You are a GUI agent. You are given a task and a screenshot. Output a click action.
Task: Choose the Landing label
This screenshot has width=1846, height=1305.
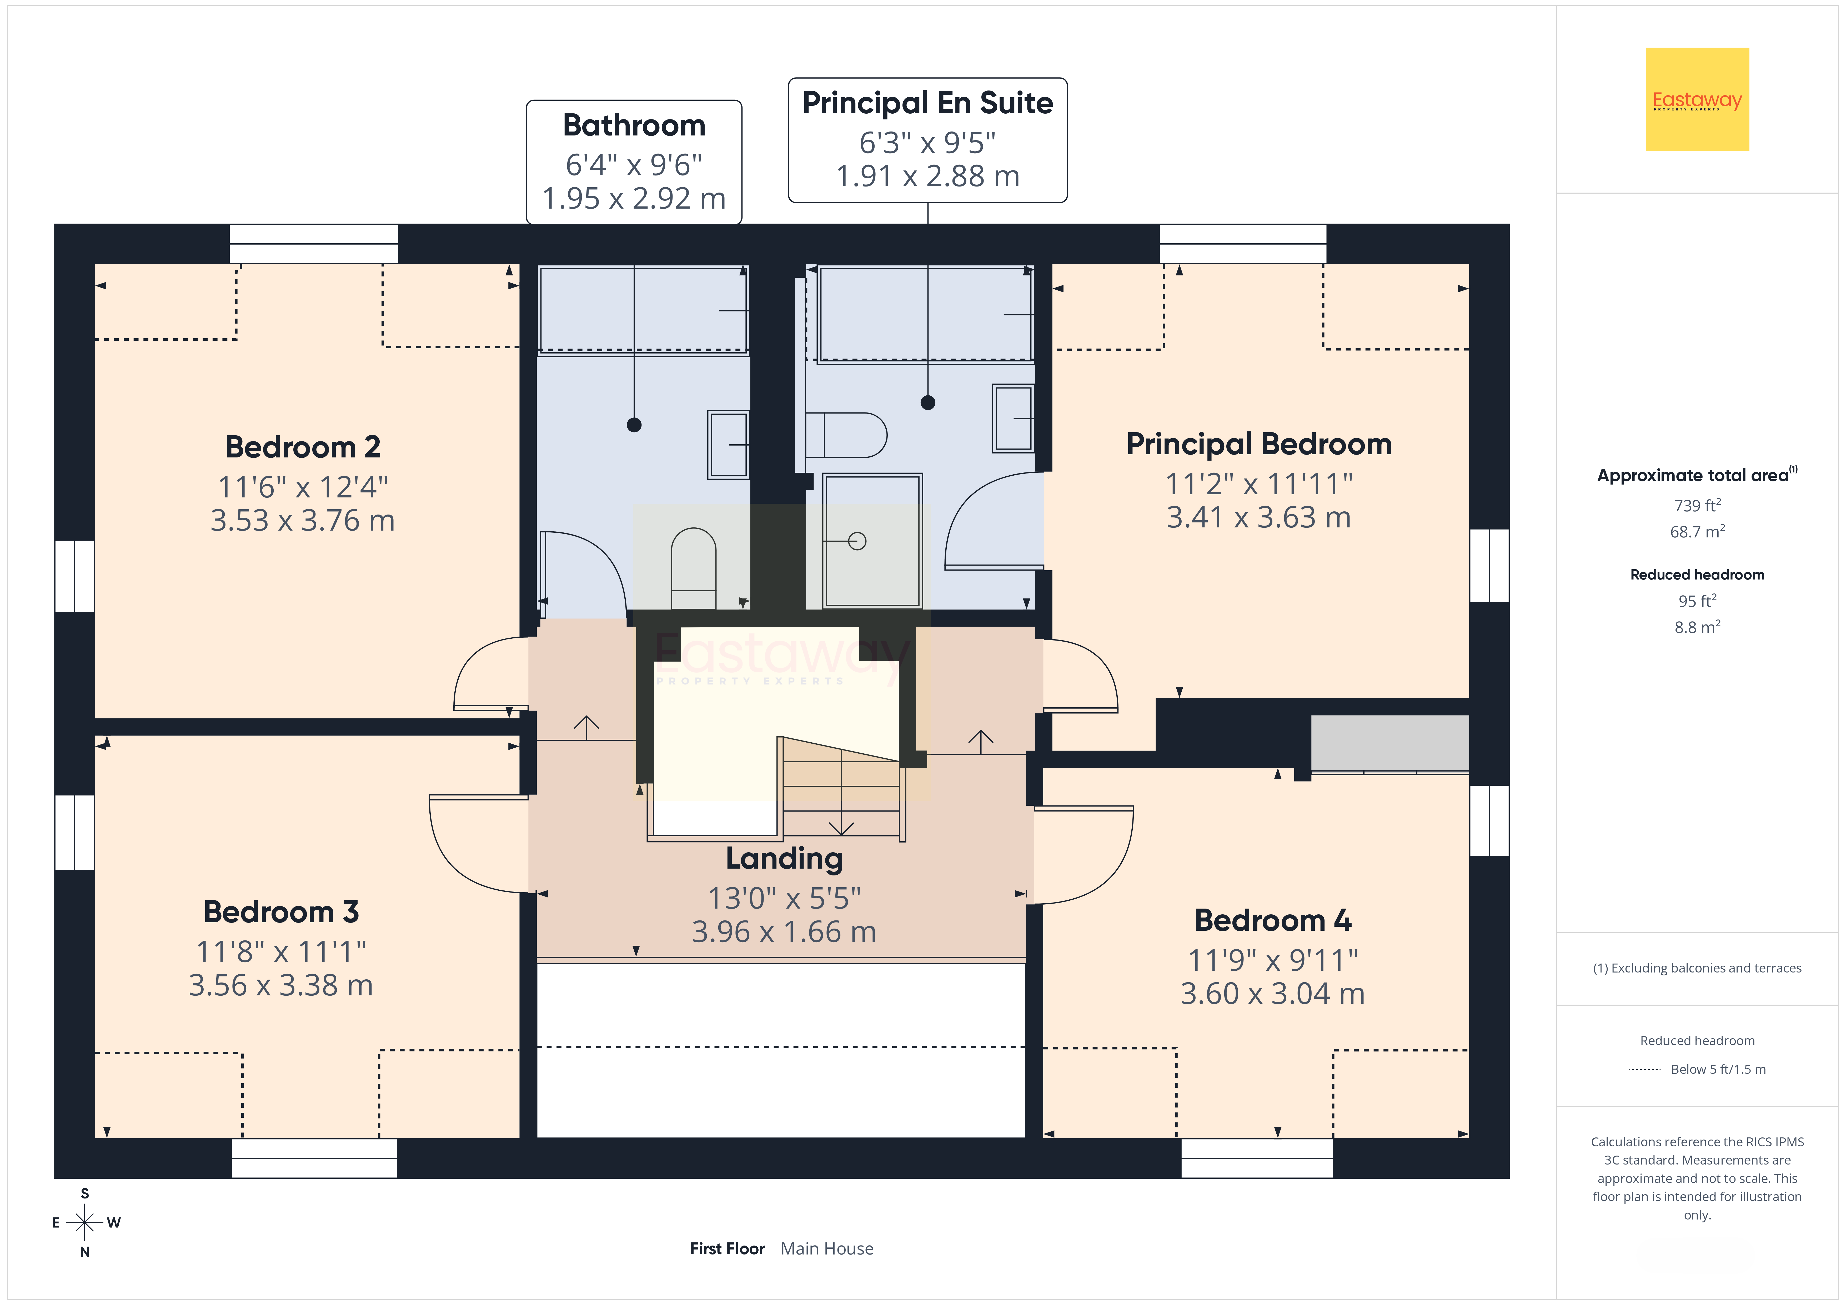[x=784, y=859]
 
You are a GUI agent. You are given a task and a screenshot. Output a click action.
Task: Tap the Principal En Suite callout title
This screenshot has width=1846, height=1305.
[x=928, y=103]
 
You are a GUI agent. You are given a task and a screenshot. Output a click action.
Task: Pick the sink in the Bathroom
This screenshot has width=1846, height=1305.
[x=729, y=445]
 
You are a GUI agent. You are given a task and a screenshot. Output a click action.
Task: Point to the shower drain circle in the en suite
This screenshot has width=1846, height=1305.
[x=857, y=541]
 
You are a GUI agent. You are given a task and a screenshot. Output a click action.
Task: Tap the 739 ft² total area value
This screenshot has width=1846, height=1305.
[x=1697, y=505]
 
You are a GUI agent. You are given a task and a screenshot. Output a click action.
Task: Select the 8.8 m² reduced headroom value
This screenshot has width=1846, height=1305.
[x=1697, y=626]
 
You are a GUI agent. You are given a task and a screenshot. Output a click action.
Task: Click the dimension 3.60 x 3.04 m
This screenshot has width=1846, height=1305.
[x=1273, y=994]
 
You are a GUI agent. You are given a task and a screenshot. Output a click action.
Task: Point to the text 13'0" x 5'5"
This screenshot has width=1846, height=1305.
[x=784, y=897]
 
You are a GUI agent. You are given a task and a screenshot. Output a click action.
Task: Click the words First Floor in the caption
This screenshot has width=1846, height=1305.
[x=727, y=1249]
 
